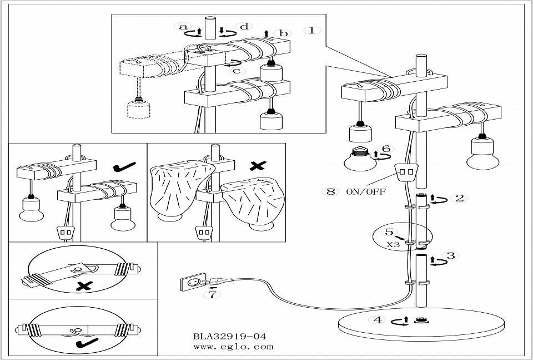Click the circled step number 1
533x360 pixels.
coord(312,30)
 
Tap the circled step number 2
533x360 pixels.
coord(459,198)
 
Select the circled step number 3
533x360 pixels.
coord(450,256)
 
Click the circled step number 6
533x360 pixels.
coord(387,149)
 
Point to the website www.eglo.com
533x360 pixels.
coord(233,346)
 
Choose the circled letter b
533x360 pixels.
coord(283,33)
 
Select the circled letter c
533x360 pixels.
coord(237,70)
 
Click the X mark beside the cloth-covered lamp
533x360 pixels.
coord(257,165)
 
